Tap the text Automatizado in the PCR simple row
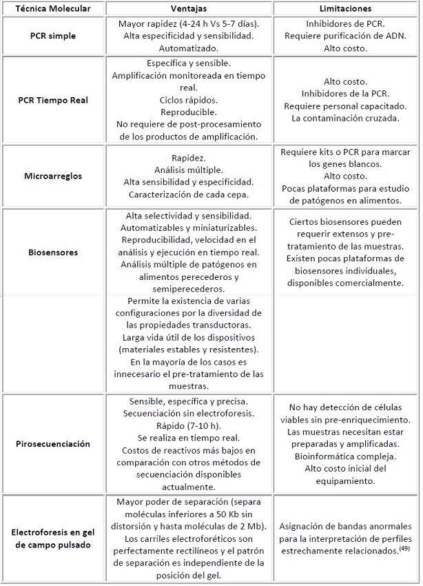coord(187,49)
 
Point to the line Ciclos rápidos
coord(187,99)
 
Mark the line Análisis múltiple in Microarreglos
coord(187,169)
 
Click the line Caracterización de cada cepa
coord(187,194)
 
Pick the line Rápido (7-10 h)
coord(187,425)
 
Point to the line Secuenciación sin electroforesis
coord(187,412)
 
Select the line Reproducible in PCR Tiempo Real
coord(187,112)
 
